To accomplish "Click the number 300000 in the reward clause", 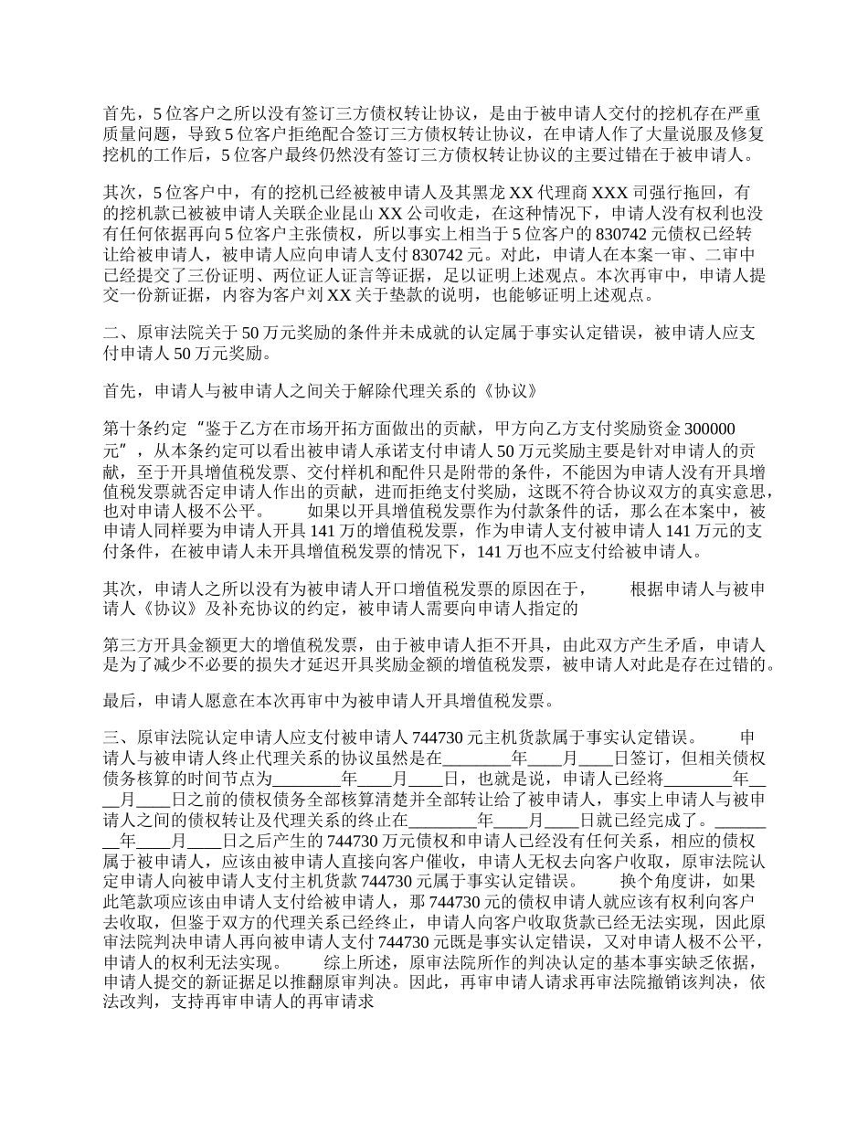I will [712, 430].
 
